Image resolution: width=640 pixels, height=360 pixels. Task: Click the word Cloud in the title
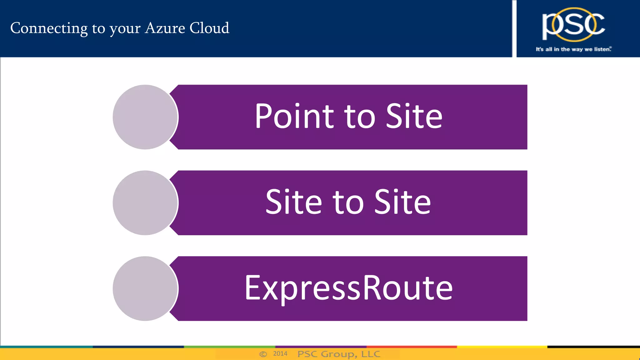[x=209, y=28]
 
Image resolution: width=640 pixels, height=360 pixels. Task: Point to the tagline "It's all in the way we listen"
[x=573, y=49]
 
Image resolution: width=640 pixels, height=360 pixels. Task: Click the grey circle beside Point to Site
[x=145, y=117]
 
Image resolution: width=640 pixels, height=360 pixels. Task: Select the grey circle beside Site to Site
[x=145, y=203]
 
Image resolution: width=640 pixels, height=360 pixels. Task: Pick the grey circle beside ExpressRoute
[x=145, y=288]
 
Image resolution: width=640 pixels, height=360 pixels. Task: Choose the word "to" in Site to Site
[x=348, y=203]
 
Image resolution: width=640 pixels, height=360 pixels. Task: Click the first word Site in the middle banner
[x=293, y=202]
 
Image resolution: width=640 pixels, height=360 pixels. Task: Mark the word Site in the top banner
[x=414, y=116]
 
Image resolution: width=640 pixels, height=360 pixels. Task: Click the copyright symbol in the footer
[x=263, y=354]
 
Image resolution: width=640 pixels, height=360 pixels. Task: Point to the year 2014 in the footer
[x=280, y=354]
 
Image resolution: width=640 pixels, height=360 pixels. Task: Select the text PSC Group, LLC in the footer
[x=339, y=354]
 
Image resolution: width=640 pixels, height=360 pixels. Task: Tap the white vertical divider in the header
[x=514, y=28]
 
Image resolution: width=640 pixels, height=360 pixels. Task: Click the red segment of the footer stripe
[x=411, y=347]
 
